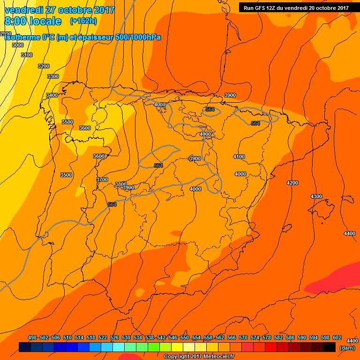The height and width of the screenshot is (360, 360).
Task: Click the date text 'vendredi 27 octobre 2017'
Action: point(60,10)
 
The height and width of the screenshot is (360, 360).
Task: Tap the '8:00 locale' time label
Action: point(33,21)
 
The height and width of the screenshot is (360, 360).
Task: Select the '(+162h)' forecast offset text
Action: point(83,21)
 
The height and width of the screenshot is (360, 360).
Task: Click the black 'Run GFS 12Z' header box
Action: point(296,7)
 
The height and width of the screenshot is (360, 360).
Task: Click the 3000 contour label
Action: point(18,45)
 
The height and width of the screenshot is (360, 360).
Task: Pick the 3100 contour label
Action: point(27,55)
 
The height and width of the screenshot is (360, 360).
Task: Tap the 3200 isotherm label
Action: point(43,66)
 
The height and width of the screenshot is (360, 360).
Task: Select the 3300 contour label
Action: point(53,76)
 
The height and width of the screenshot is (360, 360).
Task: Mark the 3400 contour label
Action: point(52,95)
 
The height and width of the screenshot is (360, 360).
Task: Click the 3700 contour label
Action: point(102,180)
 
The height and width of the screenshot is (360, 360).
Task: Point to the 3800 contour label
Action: point(121,184)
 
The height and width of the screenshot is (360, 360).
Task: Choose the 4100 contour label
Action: point(239,157)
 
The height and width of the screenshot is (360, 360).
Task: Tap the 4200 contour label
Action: point(292,183)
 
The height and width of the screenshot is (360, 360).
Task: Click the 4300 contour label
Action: point(316,196)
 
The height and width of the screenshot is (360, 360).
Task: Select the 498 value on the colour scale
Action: point(32,338)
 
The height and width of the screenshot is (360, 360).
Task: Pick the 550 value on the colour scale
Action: point(185,338)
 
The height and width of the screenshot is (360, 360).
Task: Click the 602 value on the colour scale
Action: point(337,338)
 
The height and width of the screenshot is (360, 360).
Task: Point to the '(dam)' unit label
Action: point(346,348)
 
